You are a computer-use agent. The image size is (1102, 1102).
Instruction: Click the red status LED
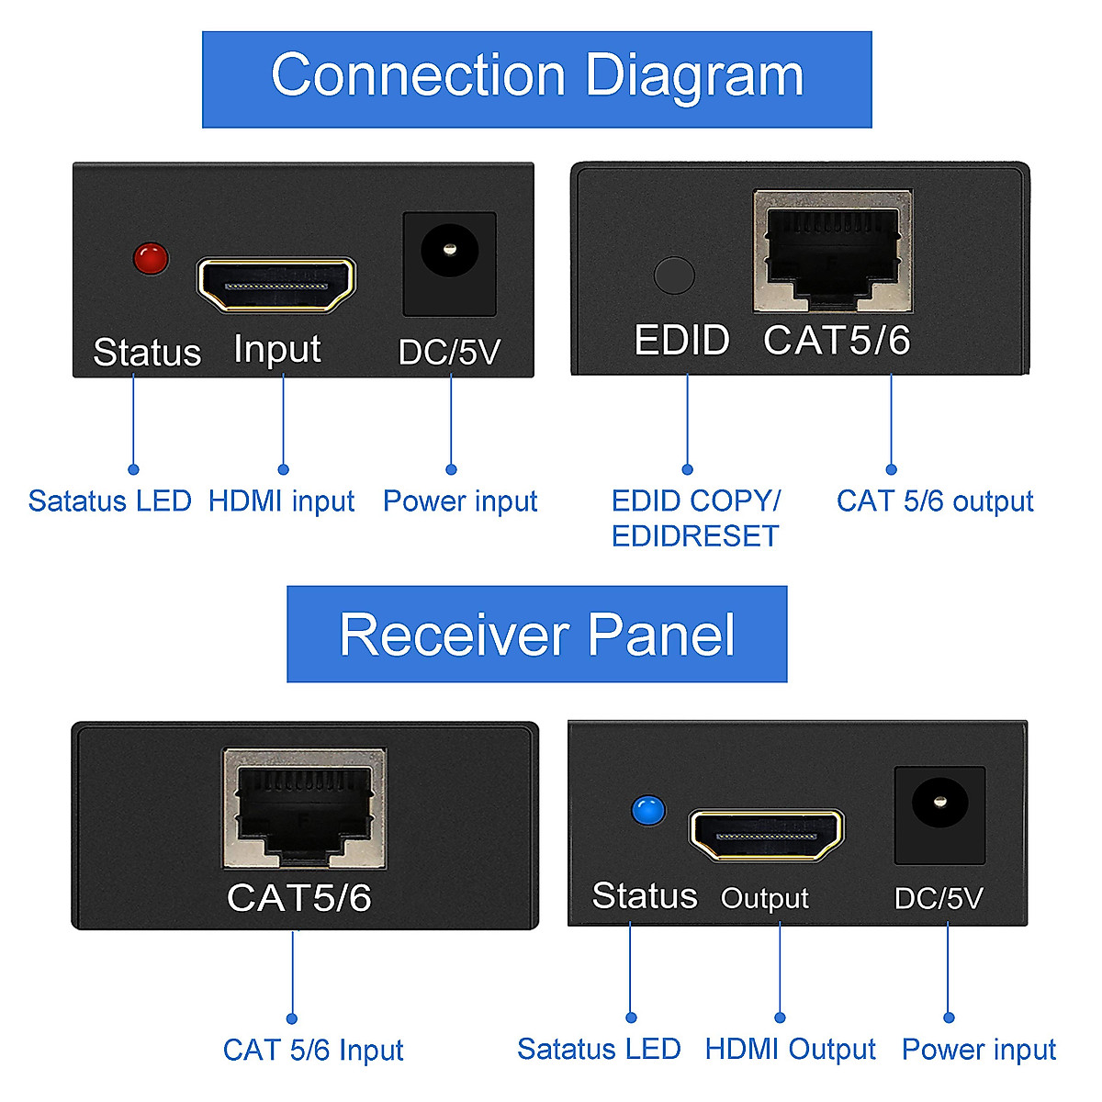151,258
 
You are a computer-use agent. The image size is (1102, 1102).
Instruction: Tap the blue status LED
648,811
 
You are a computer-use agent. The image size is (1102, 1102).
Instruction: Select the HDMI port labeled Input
276,284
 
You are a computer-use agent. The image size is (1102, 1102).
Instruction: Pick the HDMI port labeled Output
767,836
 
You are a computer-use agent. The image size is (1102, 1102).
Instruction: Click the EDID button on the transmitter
674,275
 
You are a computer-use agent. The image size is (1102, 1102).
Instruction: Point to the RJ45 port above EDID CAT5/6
833,251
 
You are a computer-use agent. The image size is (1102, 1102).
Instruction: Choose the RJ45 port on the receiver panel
305,808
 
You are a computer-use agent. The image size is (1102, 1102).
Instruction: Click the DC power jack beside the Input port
449,264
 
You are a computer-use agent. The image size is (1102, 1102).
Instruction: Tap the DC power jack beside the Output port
940,815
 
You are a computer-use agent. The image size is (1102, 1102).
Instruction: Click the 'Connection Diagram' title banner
537,80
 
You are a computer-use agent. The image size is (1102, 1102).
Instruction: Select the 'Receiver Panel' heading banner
537,634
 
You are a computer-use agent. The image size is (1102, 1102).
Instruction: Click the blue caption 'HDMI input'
281,501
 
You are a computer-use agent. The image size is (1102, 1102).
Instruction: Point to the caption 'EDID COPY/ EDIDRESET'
696,518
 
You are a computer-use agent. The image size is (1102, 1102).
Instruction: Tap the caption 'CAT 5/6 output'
935,501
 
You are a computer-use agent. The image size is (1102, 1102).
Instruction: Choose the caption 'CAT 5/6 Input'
313,1051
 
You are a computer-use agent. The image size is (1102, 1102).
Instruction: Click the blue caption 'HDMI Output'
791,1050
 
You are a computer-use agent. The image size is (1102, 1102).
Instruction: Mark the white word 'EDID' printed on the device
681,341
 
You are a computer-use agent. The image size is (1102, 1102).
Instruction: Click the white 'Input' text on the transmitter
276,349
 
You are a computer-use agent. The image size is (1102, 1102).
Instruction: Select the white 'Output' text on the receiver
765,899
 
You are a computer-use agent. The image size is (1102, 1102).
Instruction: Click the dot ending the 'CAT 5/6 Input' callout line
292,1018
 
